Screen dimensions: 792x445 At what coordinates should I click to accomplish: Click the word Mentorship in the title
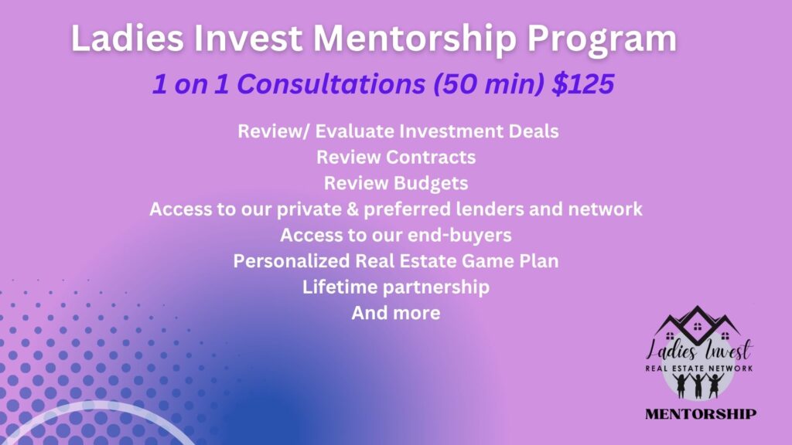[415, 39]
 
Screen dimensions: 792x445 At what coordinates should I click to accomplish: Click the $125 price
[583, 83]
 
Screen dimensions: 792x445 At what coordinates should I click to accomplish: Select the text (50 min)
[489, 83]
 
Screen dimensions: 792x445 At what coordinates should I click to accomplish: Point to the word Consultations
[331, 83]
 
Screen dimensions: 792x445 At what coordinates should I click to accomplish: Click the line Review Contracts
[396, 157]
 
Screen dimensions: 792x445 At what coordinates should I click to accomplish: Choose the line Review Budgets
[396, 183]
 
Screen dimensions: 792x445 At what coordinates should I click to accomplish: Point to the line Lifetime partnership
[396, 287]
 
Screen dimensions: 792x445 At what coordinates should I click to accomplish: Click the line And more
[396, 313]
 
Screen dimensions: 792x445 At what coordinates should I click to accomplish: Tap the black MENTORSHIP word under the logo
[701, 414]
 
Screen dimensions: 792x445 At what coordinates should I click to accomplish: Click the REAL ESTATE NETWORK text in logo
[699, 369]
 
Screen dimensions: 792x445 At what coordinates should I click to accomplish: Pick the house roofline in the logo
[698, 321]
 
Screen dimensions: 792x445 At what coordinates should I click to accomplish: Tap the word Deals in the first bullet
[534, 131]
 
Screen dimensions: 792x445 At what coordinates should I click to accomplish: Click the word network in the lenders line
[605, 209]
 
